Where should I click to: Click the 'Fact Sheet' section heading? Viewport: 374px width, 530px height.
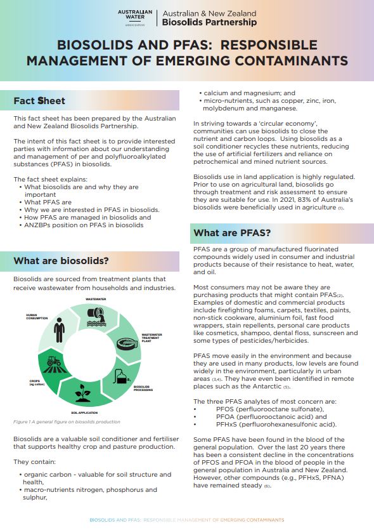[39, 100]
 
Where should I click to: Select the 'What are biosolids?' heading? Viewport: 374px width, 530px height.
[61, 261]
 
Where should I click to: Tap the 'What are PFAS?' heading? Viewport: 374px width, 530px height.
[232, 233]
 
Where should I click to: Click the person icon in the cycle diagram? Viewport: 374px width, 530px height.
[59, 329]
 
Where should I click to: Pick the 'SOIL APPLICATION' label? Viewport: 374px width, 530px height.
[84, 413]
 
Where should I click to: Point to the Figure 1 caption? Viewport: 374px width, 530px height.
[67, 421]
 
